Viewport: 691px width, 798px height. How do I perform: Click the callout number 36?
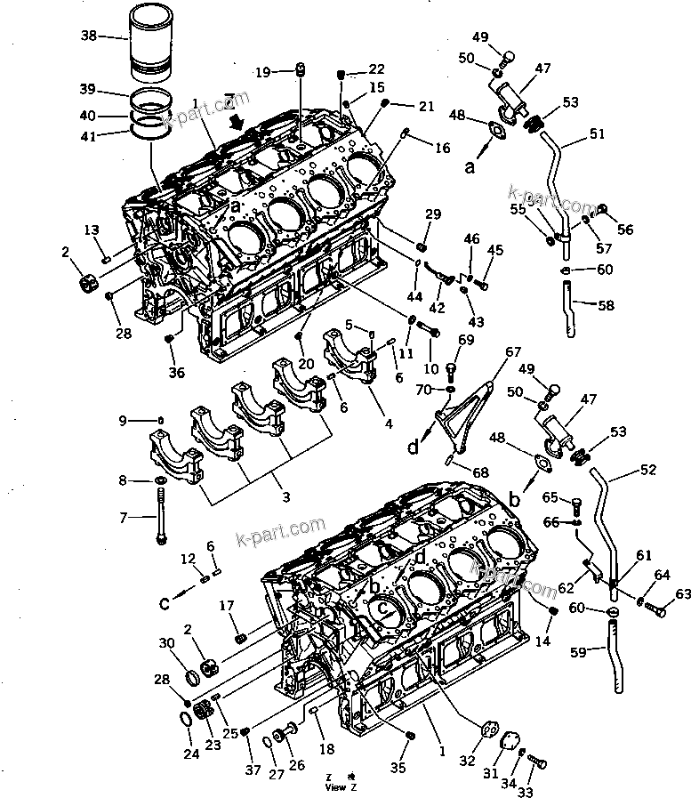[x=176, y=373]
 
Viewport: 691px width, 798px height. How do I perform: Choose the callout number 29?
[x=433, y=214]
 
